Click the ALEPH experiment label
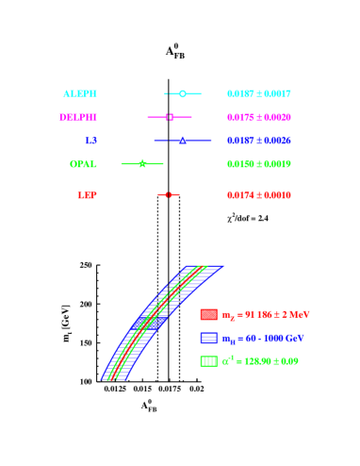point(80,94)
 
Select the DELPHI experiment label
point(78,118)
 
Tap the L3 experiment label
point(90,141)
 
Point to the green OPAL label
point(83,164)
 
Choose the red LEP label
point(87,195)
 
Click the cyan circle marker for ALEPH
point(183,93)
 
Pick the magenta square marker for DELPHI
point(170,117)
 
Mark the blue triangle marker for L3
point(182,141)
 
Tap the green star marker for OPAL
point(142,163)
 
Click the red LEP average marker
point(167,194)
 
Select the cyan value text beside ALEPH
point(259,94)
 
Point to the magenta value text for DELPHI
point(259,118)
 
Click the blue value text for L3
point(259,141)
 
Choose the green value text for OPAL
point(259,164)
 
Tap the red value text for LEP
point(259,195)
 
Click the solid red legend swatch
point(208,315)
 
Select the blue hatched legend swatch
point(208,338)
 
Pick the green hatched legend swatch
point(208,361)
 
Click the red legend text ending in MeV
point(266,315)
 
